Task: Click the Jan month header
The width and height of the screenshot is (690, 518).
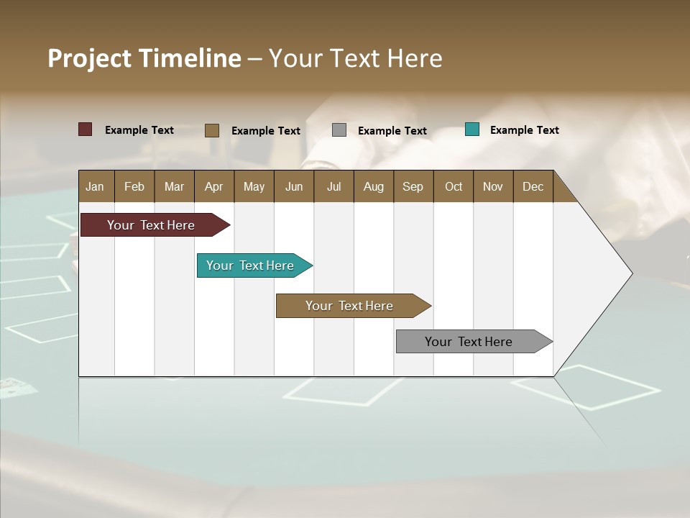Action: point(96,186)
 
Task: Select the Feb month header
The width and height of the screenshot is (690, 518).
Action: point(134,186)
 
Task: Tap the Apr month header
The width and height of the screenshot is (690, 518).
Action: point(214,186)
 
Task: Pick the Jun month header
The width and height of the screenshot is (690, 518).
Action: point(294,186)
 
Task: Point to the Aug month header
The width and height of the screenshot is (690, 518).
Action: point(374,186)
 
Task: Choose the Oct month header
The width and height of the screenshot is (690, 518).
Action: point(454,186)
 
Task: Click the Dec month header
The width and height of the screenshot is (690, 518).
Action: point(533,186)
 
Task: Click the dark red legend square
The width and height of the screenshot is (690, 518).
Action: point(86,129)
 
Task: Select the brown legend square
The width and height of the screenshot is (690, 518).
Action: point(212,130)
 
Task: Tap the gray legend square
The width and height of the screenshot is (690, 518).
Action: point(339,130)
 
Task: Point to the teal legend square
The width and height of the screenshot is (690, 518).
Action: point(472,129)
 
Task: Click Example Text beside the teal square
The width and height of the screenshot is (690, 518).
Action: point(524,130)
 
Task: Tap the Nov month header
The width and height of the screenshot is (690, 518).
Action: point(493,186)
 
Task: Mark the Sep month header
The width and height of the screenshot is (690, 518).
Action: point(413,186)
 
